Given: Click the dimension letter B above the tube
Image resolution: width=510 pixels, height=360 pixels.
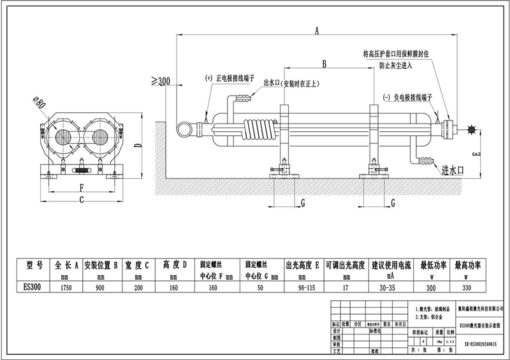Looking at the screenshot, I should [325, 64].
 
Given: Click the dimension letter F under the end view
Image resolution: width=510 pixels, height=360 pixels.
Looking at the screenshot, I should [81, 188].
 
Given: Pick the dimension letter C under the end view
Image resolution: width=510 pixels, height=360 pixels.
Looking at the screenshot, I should [81, 200].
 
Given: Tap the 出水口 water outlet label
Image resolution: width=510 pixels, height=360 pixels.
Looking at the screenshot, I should [273, 83].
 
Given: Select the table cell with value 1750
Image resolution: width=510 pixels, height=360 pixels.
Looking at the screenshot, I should [67, 288].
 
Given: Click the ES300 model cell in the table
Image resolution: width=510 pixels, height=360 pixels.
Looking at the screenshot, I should [31, 288].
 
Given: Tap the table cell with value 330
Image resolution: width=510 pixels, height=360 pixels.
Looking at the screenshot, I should [467, 288].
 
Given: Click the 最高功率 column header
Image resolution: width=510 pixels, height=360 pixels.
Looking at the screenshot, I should [467, 264].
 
